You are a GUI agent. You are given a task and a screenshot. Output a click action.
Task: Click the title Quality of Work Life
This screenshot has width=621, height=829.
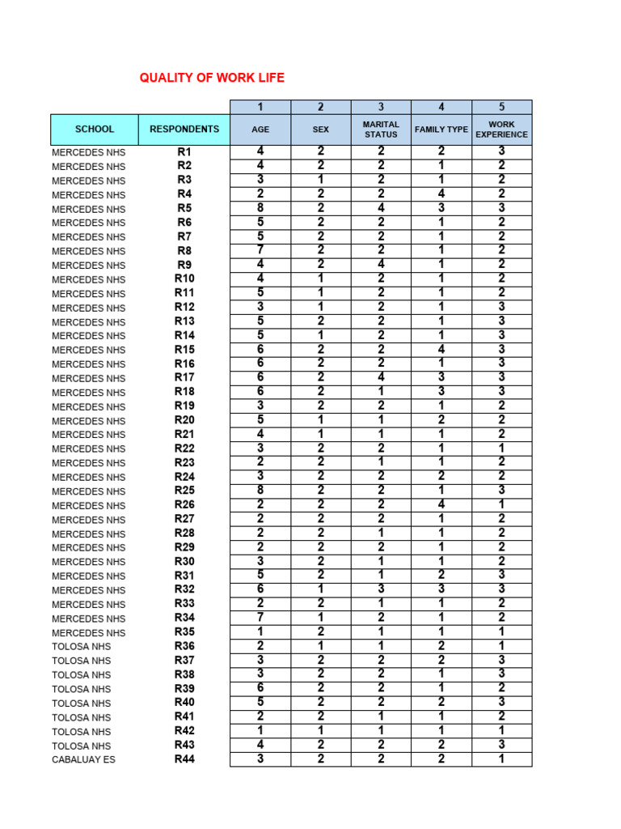(212, 78)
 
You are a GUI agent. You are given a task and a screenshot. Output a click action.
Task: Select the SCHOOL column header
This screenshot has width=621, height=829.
(95, 129)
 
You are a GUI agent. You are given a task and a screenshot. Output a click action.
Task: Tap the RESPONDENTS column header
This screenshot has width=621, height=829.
(184, 129)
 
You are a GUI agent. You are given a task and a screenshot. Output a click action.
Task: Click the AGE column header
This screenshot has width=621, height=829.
(260, 130)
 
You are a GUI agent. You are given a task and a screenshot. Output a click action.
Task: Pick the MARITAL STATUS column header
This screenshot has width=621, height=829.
(381, 130)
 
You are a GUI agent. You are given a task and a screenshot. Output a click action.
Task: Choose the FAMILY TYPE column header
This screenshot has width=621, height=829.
(441, 130)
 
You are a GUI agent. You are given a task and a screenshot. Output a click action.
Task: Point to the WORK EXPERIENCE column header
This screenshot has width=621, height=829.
(501, 130)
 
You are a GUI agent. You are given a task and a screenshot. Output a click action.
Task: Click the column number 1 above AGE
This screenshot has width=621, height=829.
(260, 107)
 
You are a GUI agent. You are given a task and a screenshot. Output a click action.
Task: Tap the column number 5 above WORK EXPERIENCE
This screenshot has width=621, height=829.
(501, 107)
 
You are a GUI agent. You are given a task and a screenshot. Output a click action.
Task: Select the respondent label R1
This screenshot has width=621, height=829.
(184, 151)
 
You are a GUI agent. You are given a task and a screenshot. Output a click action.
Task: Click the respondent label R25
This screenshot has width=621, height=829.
(184, 491)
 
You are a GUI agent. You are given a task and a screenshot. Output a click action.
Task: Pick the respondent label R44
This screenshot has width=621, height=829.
(184, 759)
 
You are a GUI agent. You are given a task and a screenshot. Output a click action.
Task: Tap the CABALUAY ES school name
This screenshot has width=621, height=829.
(83, 760)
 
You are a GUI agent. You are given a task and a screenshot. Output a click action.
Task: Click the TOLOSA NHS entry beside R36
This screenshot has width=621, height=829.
(82, 647)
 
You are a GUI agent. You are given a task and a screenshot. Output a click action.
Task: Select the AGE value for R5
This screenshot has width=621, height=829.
(260, 207)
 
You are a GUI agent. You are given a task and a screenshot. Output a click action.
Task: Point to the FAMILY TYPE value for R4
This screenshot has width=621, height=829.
(441, 193)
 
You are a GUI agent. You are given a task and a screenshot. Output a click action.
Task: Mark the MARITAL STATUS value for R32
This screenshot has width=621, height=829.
(381, 589)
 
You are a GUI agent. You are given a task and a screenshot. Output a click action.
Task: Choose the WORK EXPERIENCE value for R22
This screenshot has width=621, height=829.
(501, 449)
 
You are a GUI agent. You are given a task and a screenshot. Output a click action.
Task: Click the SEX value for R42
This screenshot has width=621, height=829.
(321, 730)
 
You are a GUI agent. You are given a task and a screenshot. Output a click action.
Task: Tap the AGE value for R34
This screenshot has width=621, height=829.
(260, 618)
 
